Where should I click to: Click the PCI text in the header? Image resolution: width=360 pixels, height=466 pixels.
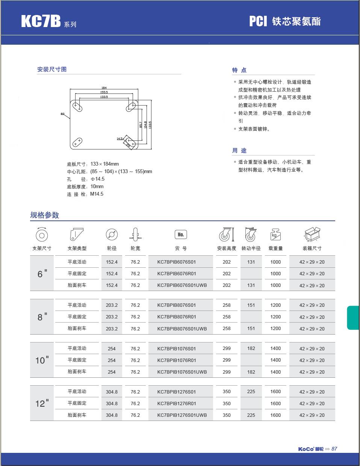click(258, 21)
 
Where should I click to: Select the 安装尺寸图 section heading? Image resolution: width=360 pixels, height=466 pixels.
click(52, 69)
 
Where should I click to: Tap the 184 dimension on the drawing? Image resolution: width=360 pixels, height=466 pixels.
click(104, 88)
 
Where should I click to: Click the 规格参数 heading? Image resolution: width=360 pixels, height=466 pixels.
click(45, 215)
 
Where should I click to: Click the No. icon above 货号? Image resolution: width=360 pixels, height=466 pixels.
click(180, 235)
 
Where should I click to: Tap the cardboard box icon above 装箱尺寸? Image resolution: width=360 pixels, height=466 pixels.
click(312, 234)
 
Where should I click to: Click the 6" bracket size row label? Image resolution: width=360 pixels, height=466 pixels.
click(42, 274)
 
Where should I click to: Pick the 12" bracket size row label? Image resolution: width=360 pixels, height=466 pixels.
click(42, 403)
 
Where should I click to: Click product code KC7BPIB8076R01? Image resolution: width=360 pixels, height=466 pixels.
click(177, 317)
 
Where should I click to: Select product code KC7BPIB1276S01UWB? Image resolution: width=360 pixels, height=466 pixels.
click(182, 415)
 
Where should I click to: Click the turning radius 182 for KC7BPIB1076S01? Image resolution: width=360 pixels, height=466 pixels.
click(251, 348)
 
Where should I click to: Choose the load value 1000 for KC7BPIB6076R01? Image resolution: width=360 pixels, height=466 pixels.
click(275, 274)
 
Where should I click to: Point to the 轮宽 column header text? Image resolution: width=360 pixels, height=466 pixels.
click(135, 248)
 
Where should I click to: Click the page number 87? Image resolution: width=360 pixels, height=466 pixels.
click(334, 449)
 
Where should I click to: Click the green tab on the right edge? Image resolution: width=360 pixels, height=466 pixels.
click(353, 318)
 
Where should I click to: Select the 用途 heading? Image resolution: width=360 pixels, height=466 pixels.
click(239, 151)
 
